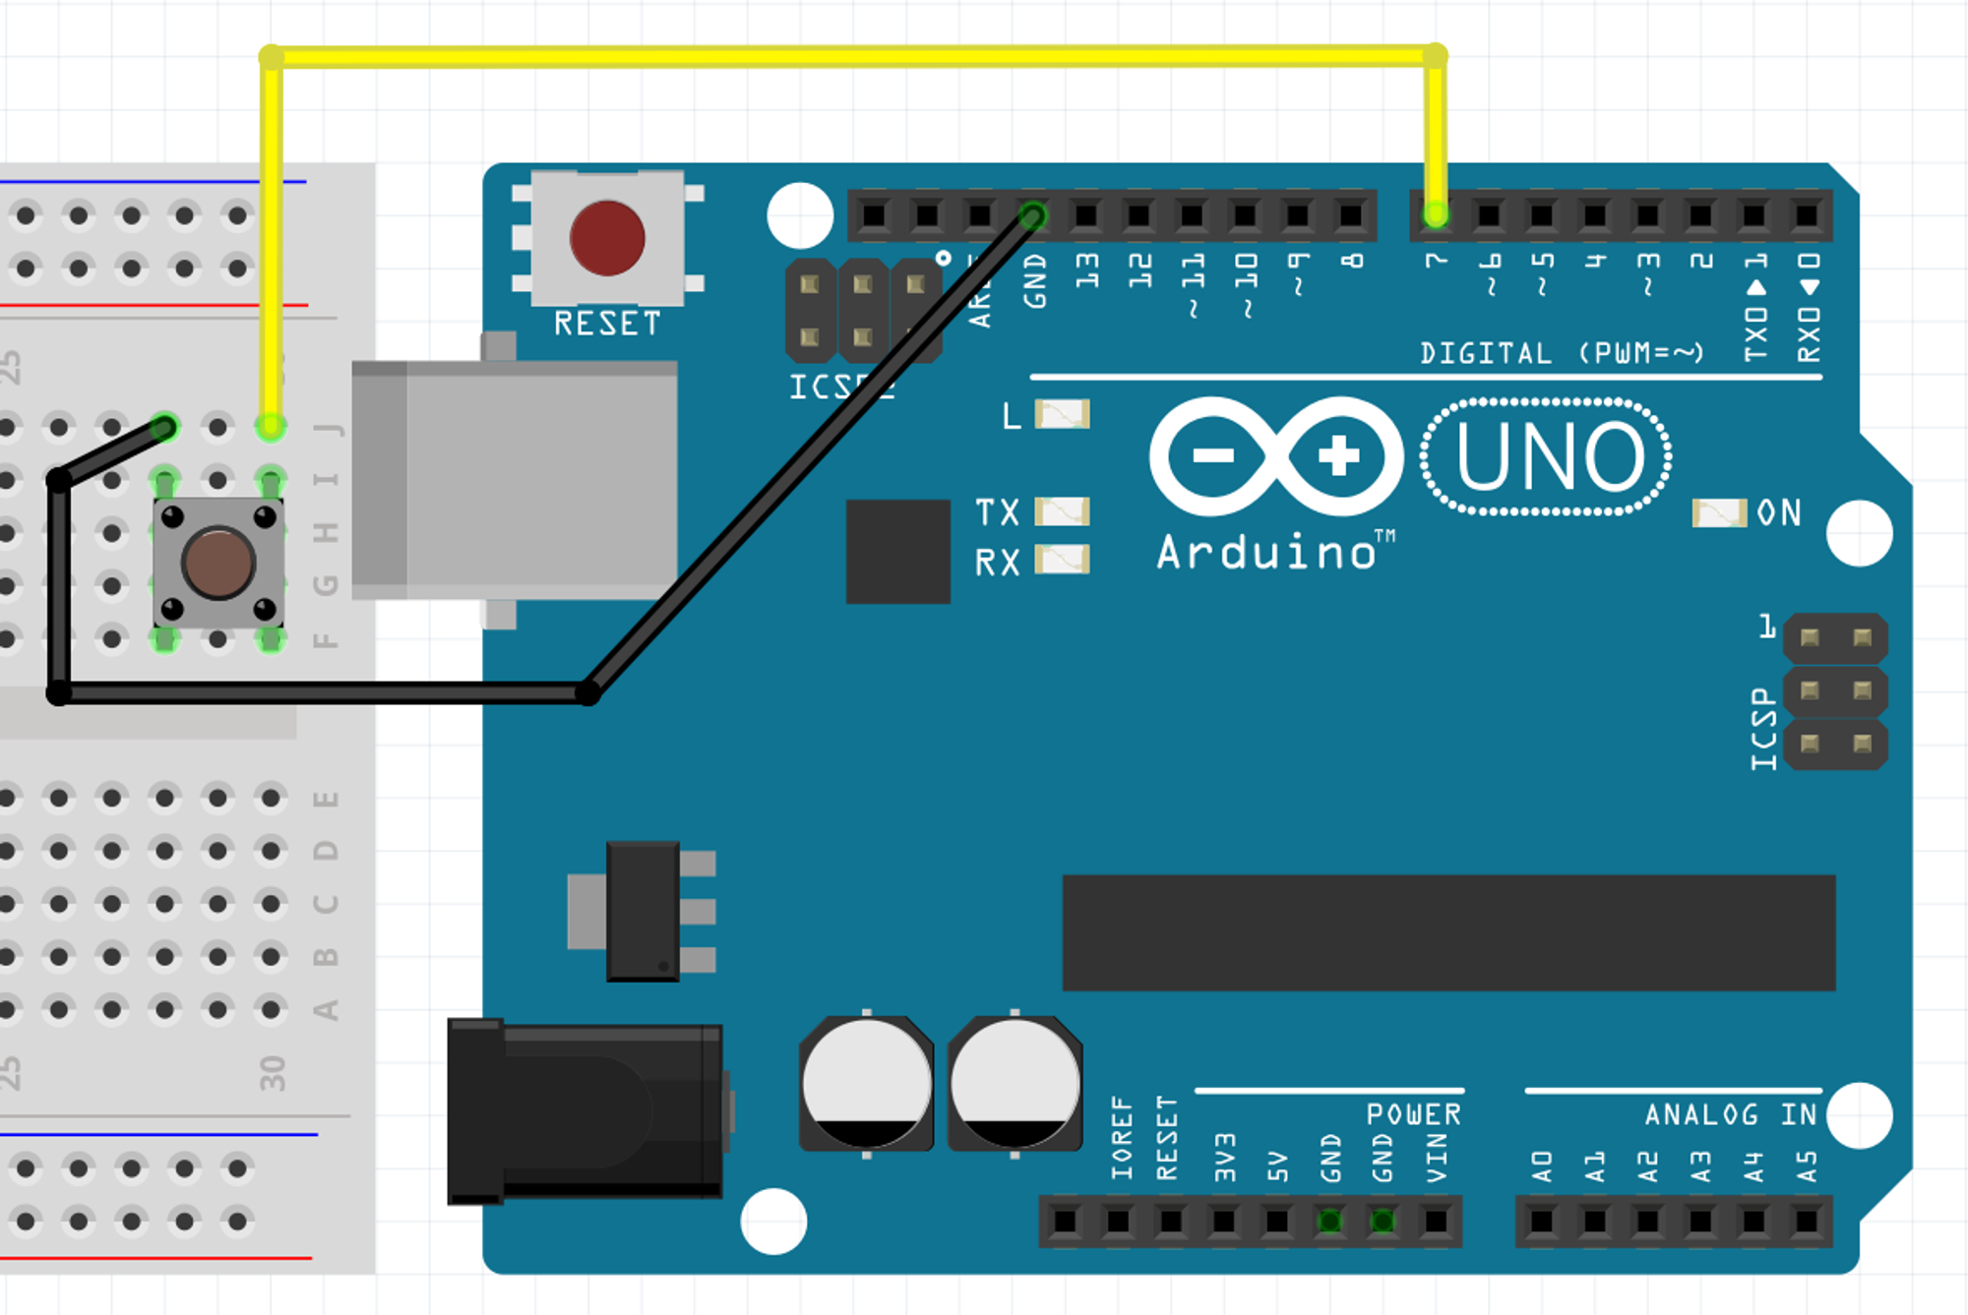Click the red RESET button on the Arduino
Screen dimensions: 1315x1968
(607, 239)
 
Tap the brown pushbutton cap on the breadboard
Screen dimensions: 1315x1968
(218, 563)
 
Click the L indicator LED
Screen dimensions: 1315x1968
(1063, 414)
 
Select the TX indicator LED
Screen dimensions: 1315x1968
(1063, 511)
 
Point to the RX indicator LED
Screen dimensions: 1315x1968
(1063, 560)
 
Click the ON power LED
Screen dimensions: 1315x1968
(1718, 512)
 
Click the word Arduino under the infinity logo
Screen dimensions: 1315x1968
(1267, 553)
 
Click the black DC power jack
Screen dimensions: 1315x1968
(585, 1112)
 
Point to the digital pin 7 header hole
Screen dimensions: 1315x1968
(1436, 214)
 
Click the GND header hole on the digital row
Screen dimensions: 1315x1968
(1033, 214)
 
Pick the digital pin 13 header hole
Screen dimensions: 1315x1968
(1086, 214)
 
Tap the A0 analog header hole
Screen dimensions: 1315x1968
(1542, 1222)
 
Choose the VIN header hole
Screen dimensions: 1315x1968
(1436, 1222)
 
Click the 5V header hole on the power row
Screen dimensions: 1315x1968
(1276, 1222)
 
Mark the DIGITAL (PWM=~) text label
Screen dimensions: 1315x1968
(1562, 353)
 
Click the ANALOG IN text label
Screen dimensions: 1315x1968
(1731, 1114)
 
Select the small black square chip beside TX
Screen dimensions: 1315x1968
(897, 551)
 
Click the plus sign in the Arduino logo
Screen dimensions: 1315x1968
(1338, 456)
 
